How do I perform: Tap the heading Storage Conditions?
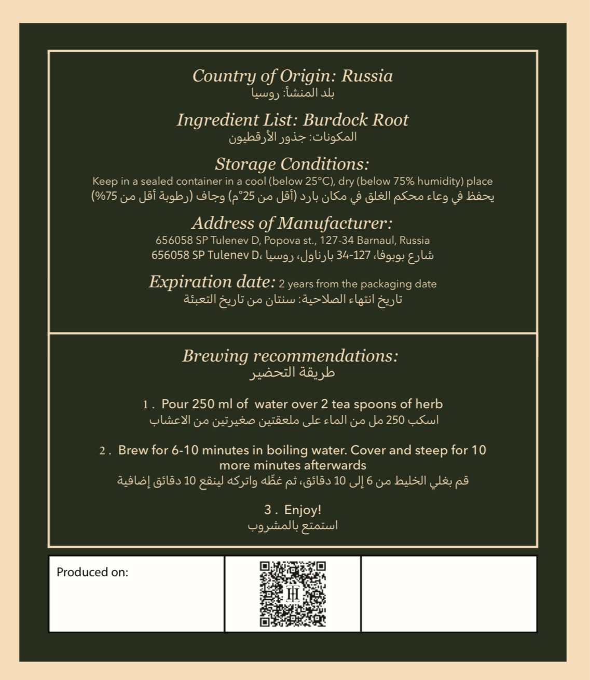292,164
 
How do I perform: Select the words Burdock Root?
355,120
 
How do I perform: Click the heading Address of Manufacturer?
292,224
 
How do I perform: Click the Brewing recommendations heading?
291,356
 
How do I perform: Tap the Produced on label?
92,573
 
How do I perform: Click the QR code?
293,594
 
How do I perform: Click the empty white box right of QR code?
449,594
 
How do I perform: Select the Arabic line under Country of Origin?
293,94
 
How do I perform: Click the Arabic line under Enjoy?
293,526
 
